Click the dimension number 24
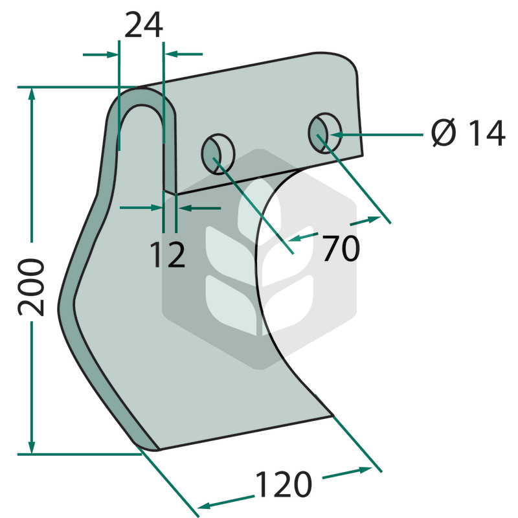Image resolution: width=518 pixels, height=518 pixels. (x=144, y=25)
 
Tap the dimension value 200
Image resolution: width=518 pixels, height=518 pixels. (x=31, y=287)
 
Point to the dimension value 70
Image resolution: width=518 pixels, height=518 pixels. (x=341, y=248)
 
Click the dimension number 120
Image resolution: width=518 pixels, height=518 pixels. (x=284, y=484)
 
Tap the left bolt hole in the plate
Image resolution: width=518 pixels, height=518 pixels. (x=218, y=154)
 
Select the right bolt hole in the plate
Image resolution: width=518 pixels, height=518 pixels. (x=325, y=133)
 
